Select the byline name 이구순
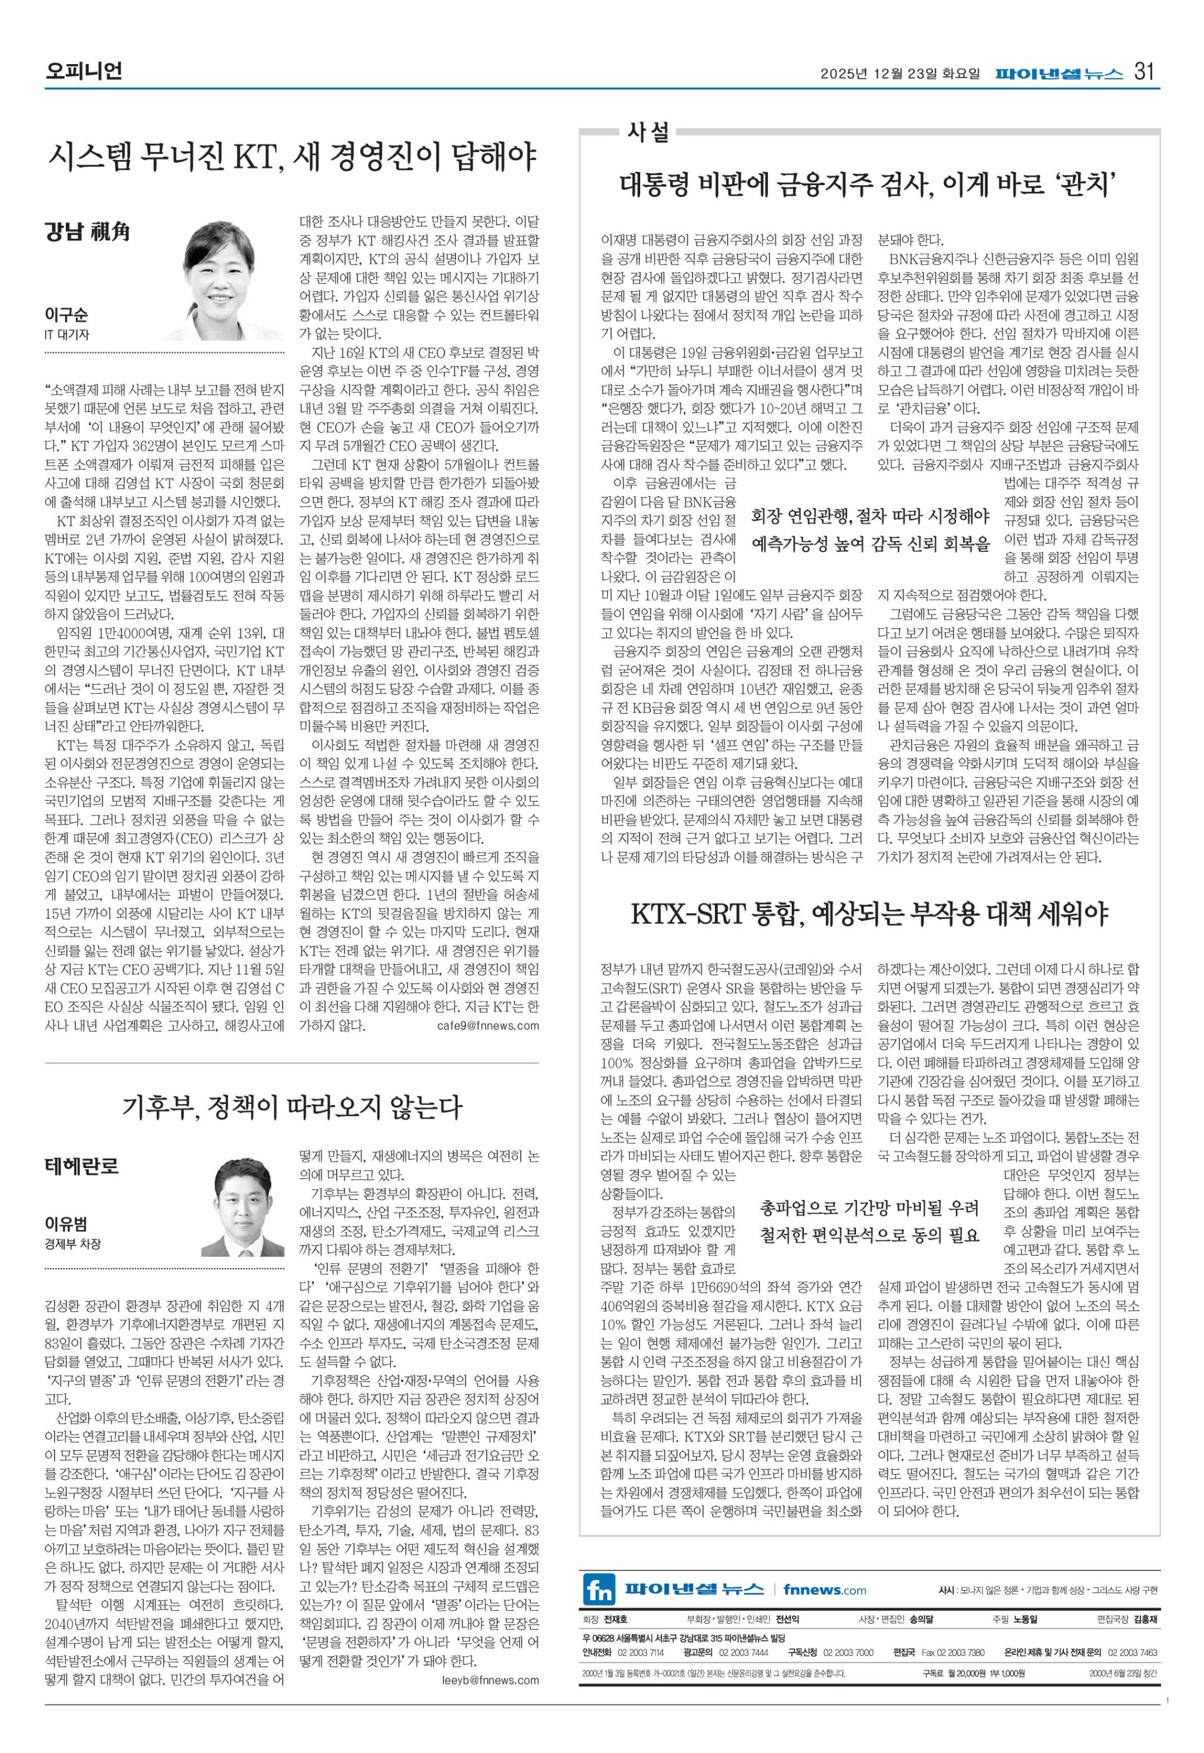[66, 315]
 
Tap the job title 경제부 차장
[72, 1244]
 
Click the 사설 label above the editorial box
[647, 132]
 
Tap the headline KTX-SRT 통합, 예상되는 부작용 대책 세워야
[869, 915]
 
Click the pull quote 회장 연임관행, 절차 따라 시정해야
[870, 517]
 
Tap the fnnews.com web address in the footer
[825, 1590]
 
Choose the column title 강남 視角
[87, 231]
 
